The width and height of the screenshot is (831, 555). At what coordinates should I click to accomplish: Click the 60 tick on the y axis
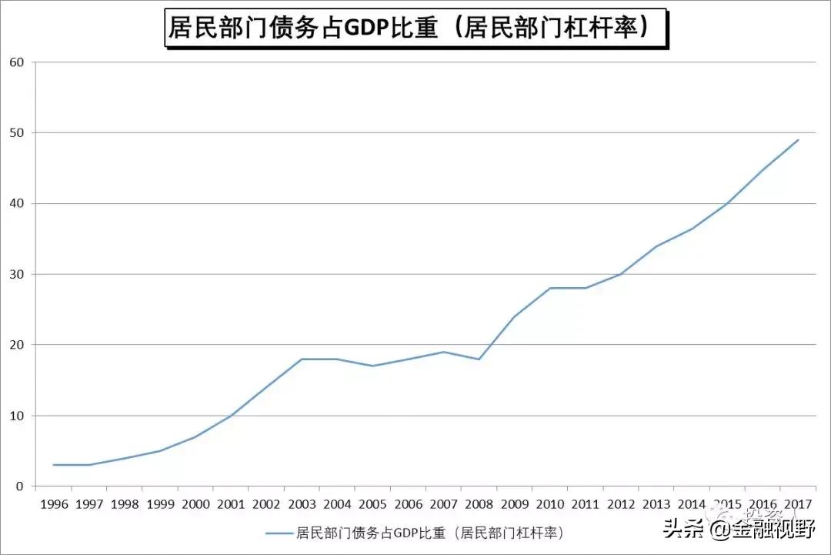[x=16, y=62]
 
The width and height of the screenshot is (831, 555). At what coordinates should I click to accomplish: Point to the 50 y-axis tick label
[x=16, y=133]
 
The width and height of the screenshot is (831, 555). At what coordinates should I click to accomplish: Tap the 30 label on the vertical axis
[x=16, y=274]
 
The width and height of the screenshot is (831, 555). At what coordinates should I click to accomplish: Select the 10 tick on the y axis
[x=16, y=416]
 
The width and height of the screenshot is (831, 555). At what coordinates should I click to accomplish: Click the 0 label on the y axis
[x=19, y=486]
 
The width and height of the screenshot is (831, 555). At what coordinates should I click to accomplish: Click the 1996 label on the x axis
[x=53, y=505]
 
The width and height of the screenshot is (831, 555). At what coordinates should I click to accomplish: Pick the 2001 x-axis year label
[x=231, y=505]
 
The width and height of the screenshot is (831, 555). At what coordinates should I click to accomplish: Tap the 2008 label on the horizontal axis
[x=479, y=505]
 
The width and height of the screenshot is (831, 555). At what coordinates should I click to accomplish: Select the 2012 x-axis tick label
[x=621, y=505]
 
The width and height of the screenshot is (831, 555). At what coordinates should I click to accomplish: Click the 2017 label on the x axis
[x=798, y=505]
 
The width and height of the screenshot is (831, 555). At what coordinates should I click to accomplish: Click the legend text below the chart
[x=430, y=533]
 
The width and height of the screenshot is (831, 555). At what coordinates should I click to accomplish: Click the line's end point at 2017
[x=799, y=140]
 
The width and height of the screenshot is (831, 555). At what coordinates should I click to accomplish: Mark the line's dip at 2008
[x=479, y=359]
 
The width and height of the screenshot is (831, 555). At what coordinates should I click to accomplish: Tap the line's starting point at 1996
[x=53, y=465]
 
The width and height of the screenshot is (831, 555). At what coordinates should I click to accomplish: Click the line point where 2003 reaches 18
[x=302, y=359]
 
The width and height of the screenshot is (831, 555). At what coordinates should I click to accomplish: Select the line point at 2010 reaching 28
[x=550, y=288]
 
